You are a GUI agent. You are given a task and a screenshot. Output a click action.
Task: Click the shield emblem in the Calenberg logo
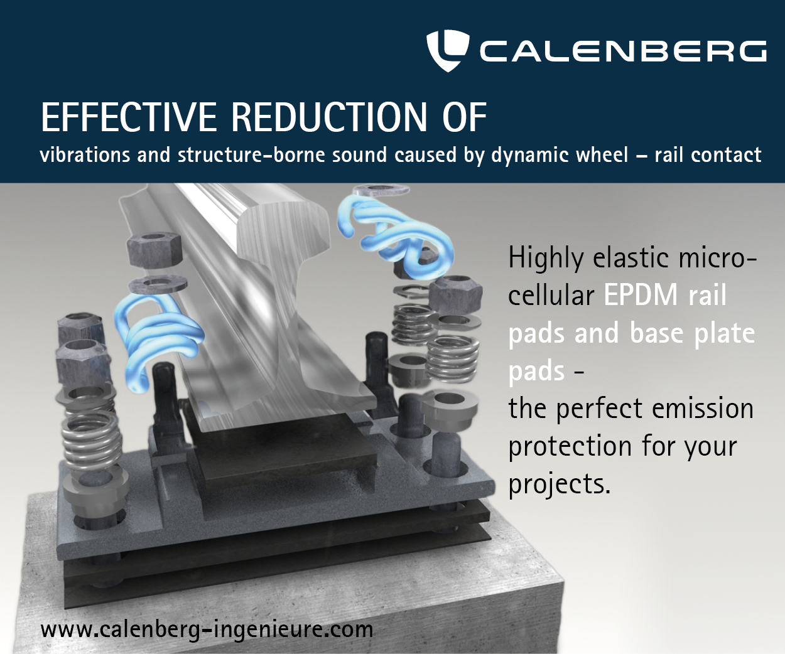click(x=447, y=51)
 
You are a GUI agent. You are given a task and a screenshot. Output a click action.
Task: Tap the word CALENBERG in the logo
click(x=623, y=51)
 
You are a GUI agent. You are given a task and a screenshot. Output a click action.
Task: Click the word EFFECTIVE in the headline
click(x=129, y=117)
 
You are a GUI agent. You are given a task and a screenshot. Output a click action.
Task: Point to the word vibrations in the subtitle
click(x=85, y=154)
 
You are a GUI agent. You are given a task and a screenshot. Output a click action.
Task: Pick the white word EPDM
click(x=641, y=294)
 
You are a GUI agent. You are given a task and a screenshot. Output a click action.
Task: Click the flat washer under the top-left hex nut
click(x=158, y=284)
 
